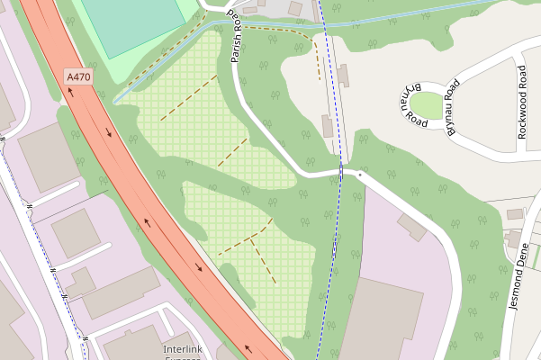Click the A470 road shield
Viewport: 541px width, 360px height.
click(x=78, y=78)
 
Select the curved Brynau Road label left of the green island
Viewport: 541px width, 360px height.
click(x=412, y=103)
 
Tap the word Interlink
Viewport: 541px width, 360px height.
click(x=182, y=348)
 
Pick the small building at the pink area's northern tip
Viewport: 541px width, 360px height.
click(x=412, y=226)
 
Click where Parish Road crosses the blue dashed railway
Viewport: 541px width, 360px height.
click(x=341, y=171)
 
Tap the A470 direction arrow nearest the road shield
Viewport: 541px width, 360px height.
click(x=109, y=134)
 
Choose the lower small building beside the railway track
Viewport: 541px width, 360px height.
click(x=327, y=125)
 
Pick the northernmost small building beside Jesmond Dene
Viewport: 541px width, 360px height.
click(x=515, y=214)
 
